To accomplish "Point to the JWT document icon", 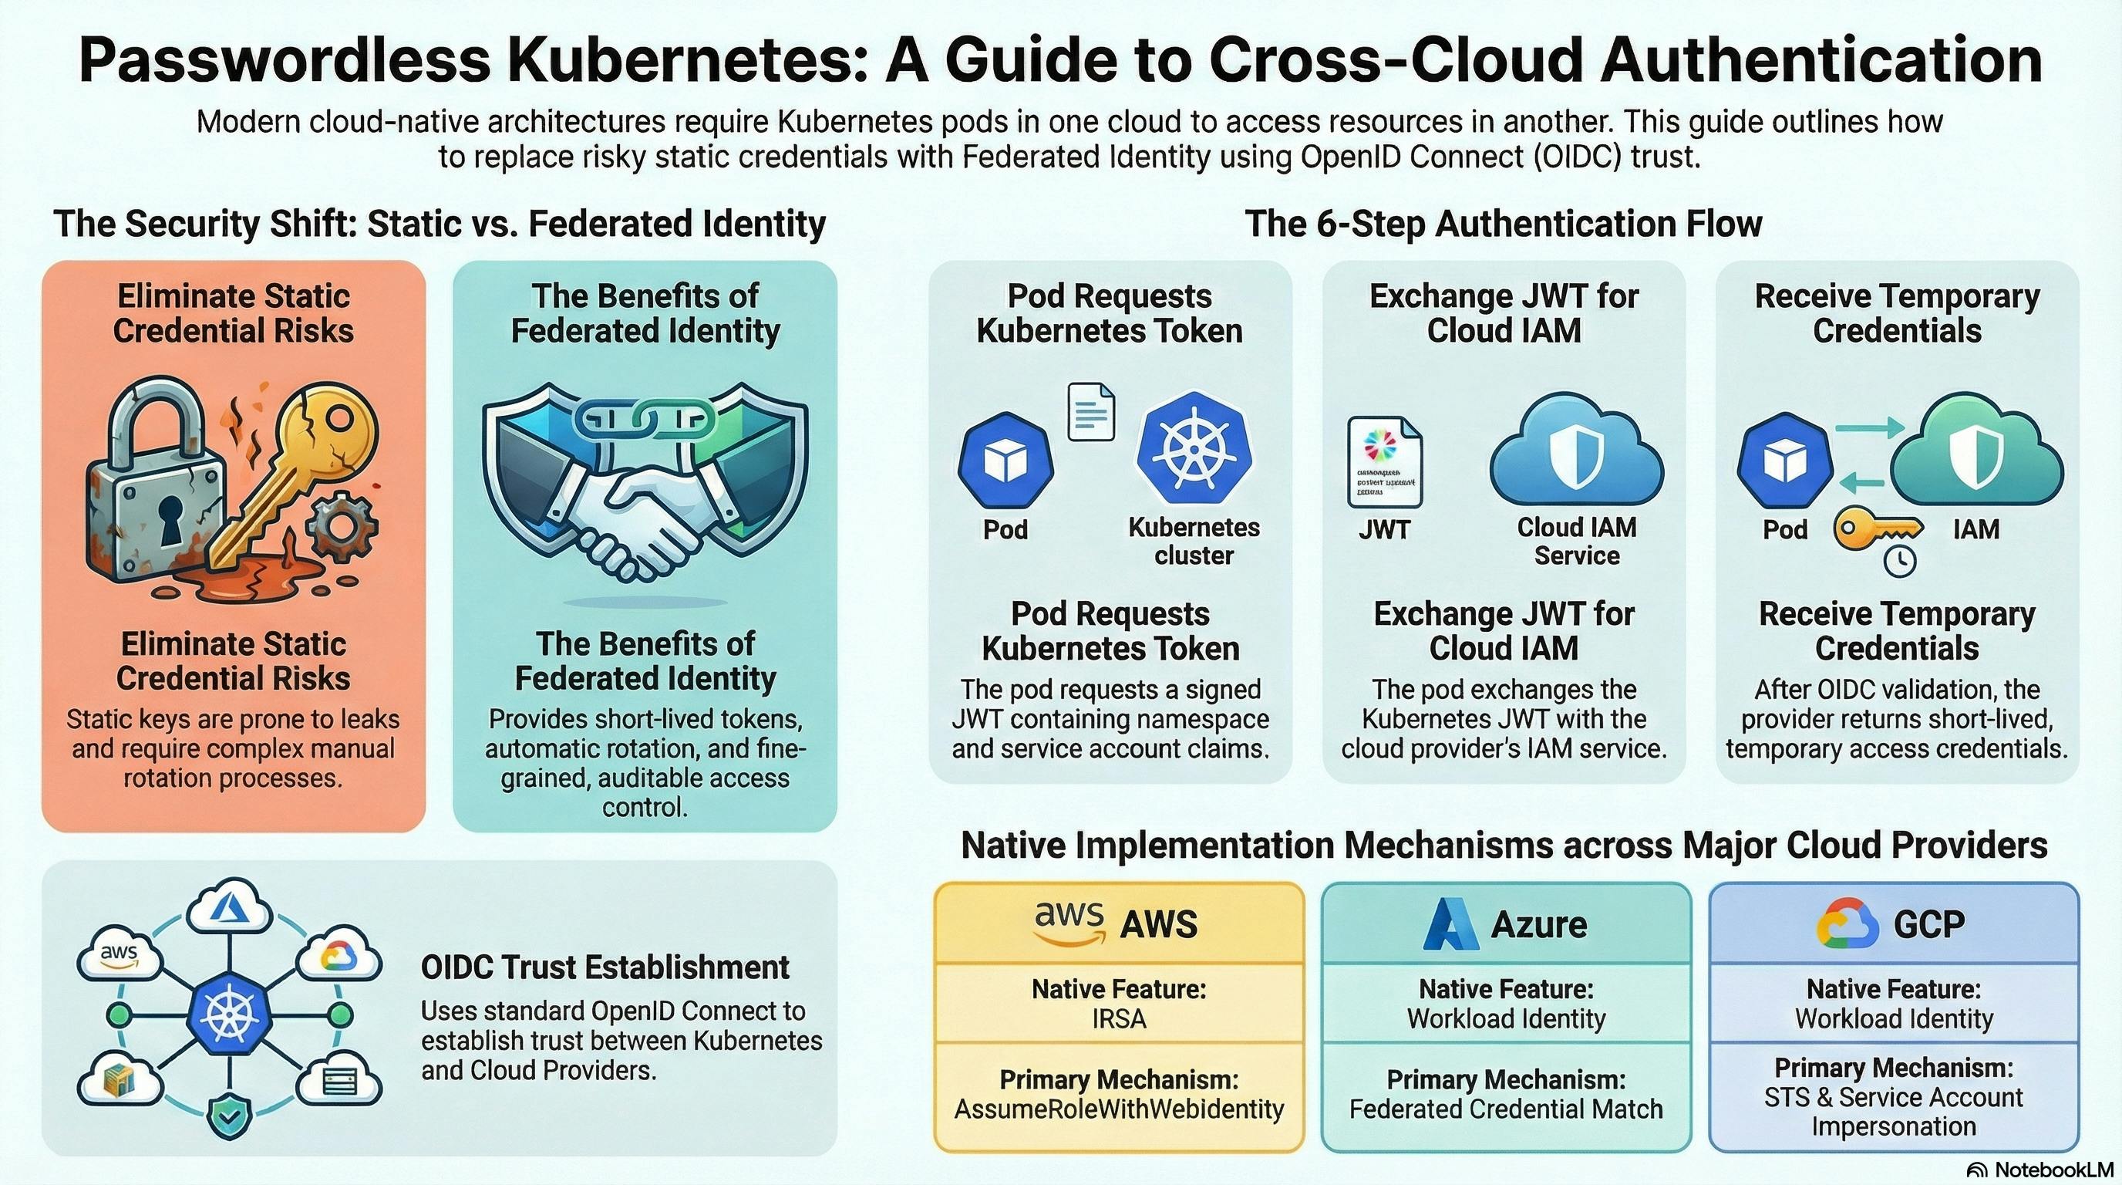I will (x=1385, y=461).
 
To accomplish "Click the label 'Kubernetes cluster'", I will (x=1194, y=542).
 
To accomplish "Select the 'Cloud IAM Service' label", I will (x=1577, y=542).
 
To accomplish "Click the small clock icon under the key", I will (x=1900, y=560).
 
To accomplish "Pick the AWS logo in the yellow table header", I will (x=1069, y=923).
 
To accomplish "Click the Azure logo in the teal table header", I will (x=1450, y=923).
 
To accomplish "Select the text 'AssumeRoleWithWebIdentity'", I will (x=1119, y=1109).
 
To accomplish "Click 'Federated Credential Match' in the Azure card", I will (x=1506, y=1109).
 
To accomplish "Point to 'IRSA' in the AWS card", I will (x=1119, y=1019).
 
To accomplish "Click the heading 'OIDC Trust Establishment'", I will (x=605, y=967).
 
